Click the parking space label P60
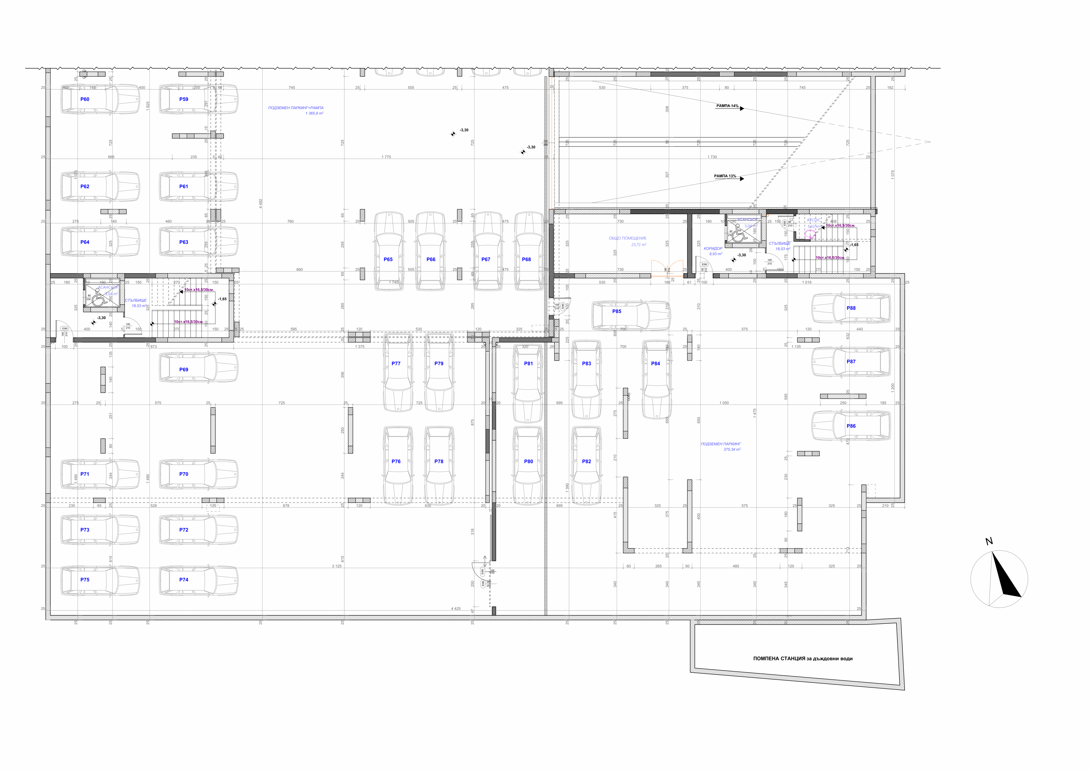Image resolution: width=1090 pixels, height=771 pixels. click(x=85, y=99)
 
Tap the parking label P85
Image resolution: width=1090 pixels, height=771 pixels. click(x=616, y=311)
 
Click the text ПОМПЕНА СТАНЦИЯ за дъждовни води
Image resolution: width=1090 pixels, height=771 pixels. click(x=802, y=659)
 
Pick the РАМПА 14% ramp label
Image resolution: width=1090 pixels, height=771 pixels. click(x=727, y=106)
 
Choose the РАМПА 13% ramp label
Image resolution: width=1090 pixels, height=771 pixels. click(x=725, y=176)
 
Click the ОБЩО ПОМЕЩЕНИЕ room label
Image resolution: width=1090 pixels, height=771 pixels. click(x=627, y=238)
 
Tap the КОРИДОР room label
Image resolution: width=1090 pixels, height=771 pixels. click(x=713, y=248)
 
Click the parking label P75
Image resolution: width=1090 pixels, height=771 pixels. click(x=85, y=580)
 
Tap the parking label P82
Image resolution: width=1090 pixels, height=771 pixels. click(x=586, y=461)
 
